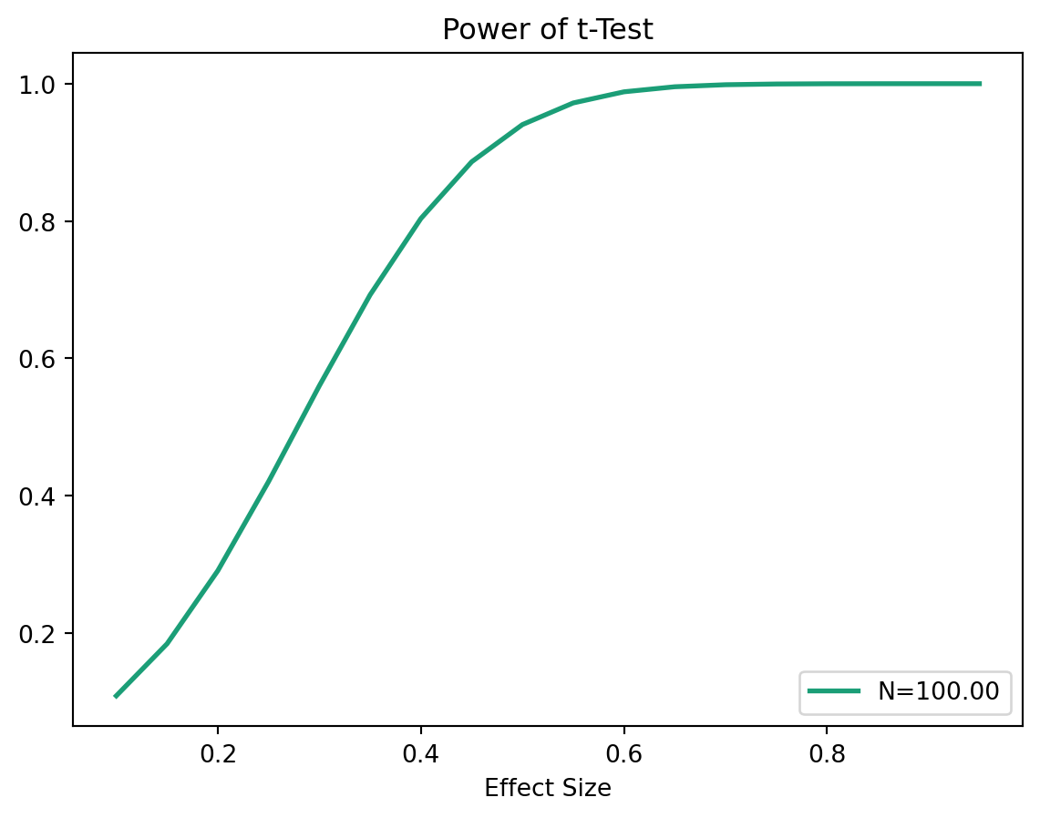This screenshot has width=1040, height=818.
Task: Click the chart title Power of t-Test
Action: pyautogui.click(x=548, y=30)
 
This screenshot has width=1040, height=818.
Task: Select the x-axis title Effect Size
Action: pyautogui.click(x=548, y=788)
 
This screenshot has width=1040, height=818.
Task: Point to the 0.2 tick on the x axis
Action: pyautogui.click(x=217, y=752)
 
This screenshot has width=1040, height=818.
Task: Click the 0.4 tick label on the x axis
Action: pyautogui.click(x=420, y=752)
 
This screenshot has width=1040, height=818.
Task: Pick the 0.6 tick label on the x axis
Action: pyautogui.click(x=623, y=752)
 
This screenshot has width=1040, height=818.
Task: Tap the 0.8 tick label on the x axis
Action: pyautogui.click(x=826, y=752)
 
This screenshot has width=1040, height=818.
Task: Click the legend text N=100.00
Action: pyautogui.click(x=938, y=691)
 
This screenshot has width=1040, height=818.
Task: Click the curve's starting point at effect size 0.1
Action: pyautogui.click(x=116, y=696)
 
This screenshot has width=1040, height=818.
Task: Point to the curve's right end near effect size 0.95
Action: pyautogui.click(x=980, y=84)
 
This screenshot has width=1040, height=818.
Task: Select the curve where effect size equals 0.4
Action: pyautogui.click(x=420, y=219)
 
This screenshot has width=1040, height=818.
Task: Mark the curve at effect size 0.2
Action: pyautogui.click(x=217, y=571)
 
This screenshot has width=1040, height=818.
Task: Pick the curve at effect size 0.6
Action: pyautogui.click(x=623, y=92)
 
